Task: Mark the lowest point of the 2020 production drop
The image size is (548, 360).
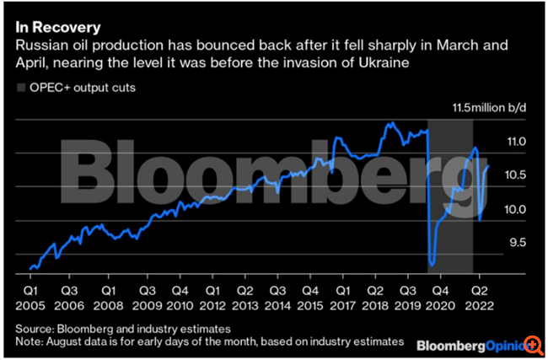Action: pyautogui.click(x=432, y=265)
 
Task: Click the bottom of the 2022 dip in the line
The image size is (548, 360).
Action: pyautogui.click(x=480, y=221)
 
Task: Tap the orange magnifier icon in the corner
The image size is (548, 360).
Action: pyautogui.click(x=533, y=346)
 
